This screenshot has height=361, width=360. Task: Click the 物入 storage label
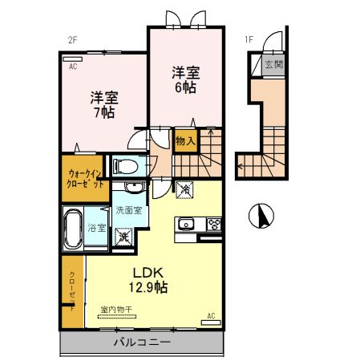[x=185, y=141]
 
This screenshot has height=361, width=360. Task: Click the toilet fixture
[x=124, y=167]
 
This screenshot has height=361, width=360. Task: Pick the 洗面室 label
[x=128, y=210]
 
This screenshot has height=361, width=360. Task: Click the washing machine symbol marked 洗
[x=124, y=237]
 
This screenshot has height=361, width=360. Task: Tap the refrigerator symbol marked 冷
[x=186, y=191]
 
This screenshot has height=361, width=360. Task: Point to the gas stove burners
[x=215, y=224]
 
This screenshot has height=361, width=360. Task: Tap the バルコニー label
[x=141, y=343]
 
